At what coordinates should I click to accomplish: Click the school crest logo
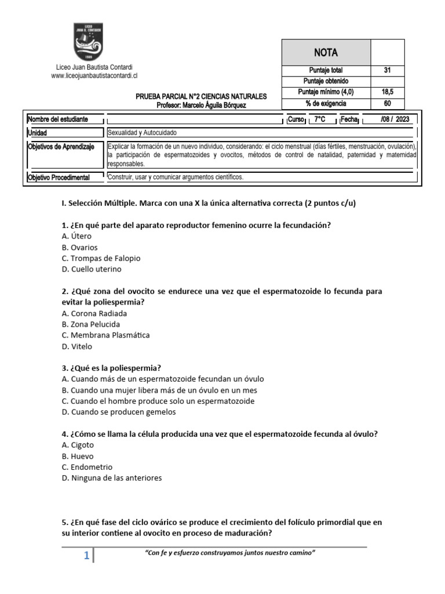89,42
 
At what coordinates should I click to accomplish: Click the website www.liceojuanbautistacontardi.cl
94,75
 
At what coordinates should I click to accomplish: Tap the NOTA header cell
326,52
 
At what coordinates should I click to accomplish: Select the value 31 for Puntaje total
387,70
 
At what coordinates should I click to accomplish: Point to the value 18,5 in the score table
387,92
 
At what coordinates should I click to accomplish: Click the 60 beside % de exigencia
387,103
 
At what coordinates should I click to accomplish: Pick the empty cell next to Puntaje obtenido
387,81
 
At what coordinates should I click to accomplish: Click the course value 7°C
320,119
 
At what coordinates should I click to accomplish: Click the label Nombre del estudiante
58,119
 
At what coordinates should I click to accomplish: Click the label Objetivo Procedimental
59,178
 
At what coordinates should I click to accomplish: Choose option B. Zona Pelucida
91,324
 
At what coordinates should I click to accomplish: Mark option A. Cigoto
78,445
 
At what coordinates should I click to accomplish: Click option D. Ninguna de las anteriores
111,478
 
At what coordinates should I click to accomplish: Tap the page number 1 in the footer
86,556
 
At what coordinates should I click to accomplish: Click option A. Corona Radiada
94,313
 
